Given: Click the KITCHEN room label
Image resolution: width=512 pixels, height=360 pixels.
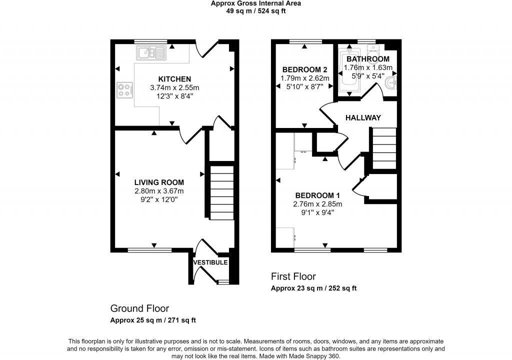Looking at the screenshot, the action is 174,79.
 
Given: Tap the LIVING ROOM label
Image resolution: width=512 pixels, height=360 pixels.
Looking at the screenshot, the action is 159,182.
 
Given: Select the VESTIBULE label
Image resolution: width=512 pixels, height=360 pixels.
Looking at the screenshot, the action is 210,262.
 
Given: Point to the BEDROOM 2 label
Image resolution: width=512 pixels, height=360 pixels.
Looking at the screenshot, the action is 304,69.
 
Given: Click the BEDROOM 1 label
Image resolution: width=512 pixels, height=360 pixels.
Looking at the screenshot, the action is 317,195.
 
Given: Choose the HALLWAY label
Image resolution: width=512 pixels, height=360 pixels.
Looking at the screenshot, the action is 363,117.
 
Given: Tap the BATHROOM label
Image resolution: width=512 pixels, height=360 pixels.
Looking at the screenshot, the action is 367,59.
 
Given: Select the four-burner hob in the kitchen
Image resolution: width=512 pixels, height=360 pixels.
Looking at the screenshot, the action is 125,89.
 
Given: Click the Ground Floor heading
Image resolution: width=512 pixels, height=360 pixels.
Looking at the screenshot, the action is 139,308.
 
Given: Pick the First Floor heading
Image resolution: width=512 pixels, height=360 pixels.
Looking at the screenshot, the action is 293,276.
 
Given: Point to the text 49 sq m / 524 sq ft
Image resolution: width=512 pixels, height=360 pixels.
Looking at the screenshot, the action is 255,10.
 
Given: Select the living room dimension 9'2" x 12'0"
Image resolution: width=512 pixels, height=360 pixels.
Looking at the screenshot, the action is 159,199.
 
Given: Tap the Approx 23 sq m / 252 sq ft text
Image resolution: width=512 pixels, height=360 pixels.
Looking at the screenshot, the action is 313,288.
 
